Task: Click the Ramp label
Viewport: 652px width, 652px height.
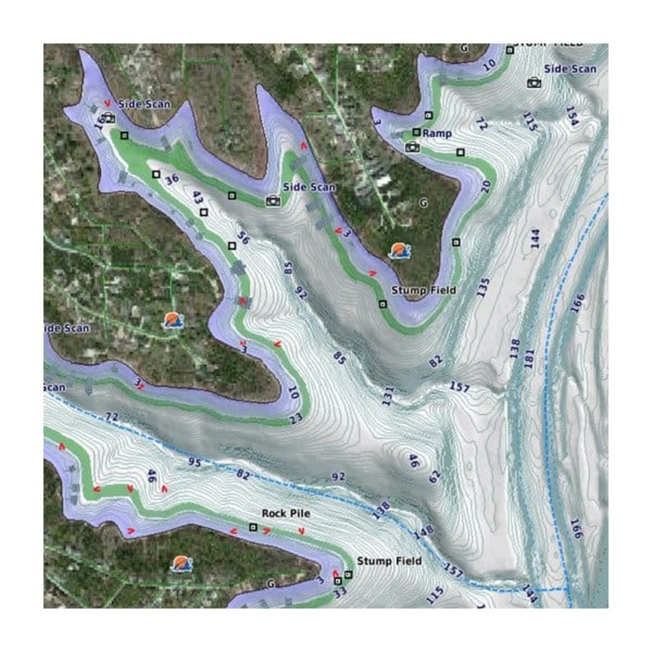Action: pos(438,133)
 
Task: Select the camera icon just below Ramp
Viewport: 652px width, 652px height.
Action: pos(412,147)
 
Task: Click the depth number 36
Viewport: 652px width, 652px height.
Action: pos(171,179)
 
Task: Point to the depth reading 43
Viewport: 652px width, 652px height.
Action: pos(197,198)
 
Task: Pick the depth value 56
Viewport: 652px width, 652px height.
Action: pos(241,238)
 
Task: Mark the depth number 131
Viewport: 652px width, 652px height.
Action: pos(387,395)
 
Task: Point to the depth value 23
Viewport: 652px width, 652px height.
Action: pos(296,418)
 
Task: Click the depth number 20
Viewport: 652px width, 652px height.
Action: pos(486,187)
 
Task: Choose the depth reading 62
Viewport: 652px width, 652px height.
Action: pos(434,475)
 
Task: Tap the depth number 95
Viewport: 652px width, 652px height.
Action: pos(194,463)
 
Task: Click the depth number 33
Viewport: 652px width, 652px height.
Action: pos(340,593)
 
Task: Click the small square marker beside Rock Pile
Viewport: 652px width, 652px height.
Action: pos(253,527)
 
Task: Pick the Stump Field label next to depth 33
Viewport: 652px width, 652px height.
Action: pos(389,562)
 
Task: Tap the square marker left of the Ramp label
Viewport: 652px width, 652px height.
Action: pos(416,132)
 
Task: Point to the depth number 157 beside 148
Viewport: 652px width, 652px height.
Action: pos(453,573)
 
